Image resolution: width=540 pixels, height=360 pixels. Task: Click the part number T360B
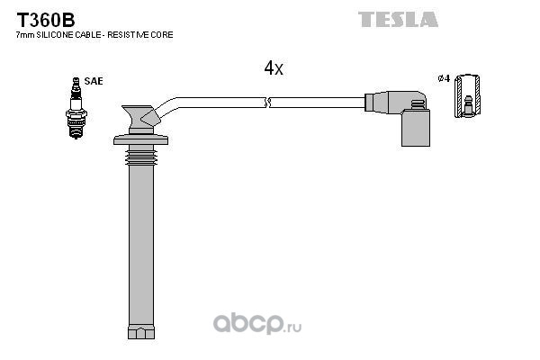(46, 20)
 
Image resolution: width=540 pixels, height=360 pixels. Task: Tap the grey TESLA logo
(398, 19)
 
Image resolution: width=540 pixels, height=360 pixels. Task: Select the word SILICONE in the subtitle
(55, 35)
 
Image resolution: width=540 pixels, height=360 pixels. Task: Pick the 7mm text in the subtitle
(25, 35)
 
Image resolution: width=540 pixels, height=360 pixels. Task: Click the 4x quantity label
(274, 67)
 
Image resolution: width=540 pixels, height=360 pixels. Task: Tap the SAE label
(94, 81)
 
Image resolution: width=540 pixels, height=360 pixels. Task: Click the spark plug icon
(76, 108)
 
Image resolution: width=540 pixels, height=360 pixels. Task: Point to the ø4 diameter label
(444, 78)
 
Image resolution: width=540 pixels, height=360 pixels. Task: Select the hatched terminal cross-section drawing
(467, 95)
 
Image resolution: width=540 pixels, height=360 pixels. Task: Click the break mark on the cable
(267, 103)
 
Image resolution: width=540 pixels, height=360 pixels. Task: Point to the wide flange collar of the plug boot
(141, 139)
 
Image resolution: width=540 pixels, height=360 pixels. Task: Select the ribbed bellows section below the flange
(141, 155)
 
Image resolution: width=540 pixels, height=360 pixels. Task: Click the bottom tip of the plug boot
(141, 332)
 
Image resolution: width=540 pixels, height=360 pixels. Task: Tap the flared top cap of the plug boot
(139, 116)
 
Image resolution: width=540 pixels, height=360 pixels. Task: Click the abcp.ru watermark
(257, 324)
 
